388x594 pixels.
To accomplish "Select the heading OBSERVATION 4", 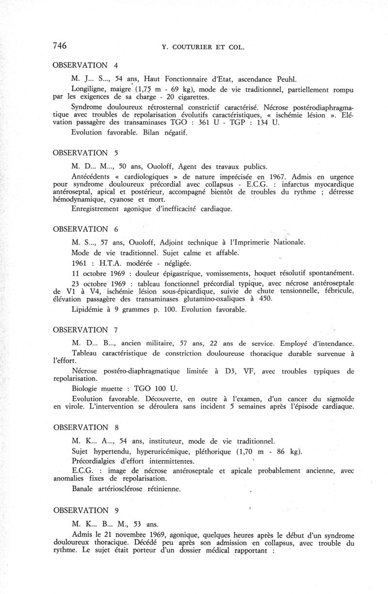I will (x=85, y=65).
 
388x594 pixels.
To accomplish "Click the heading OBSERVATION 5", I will (x=85, y=152).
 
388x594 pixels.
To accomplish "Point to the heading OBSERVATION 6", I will (x=85, y=229).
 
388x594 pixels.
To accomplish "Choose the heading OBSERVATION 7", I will (x=85, y=330).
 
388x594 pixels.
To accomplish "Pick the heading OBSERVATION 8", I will (x=85, y=427).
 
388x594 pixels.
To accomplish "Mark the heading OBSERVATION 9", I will (x=85, y=510).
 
